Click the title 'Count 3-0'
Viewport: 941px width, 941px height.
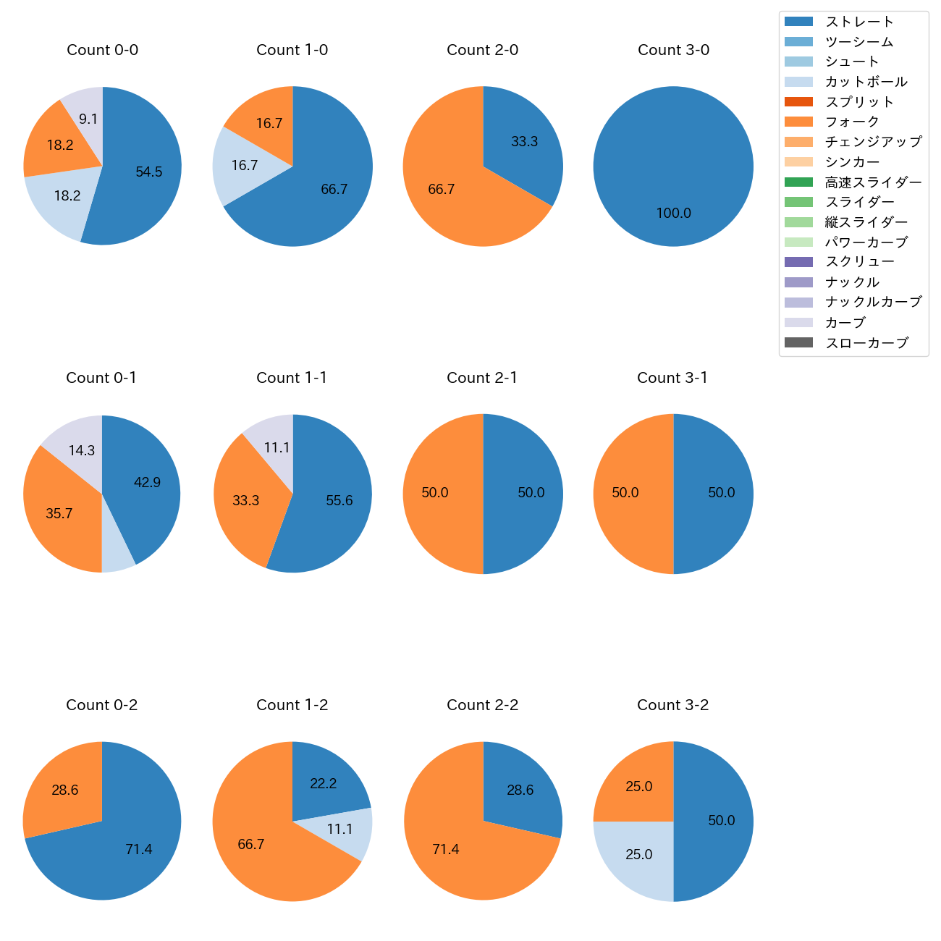click(673, 50)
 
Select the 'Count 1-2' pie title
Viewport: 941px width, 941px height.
click(292, 705)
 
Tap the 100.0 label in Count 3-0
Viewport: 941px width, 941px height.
click(673, 214)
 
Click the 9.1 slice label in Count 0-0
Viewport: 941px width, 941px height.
click(88, 119)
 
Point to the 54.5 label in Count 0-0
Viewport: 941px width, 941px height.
click(149, 172)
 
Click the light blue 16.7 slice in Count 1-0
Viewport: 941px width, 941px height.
click(242, 166)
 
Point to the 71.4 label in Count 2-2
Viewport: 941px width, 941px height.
click(446, 850)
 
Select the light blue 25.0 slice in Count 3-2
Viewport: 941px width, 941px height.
click(637, 858)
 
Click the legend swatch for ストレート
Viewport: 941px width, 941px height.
click(798, 22)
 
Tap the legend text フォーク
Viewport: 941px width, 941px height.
click(852, 122)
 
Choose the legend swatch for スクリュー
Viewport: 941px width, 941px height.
click(798, 262)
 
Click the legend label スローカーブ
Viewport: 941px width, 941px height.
click(866, 343)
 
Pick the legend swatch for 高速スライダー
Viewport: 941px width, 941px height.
click(798, 182)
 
